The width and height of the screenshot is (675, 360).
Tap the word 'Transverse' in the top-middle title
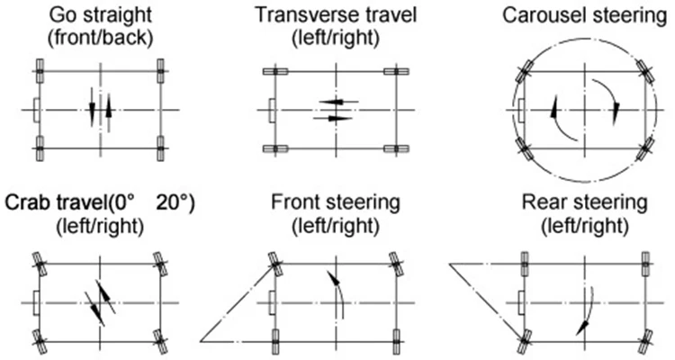coord(293,15)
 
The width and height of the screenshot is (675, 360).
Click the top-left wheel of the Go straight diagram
coord(40,68)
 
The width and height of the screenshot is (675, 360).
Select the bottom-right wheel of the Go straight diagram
coord(160,146)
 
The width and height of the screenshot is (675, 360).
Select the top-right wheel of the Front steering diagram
coord(394,263)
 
